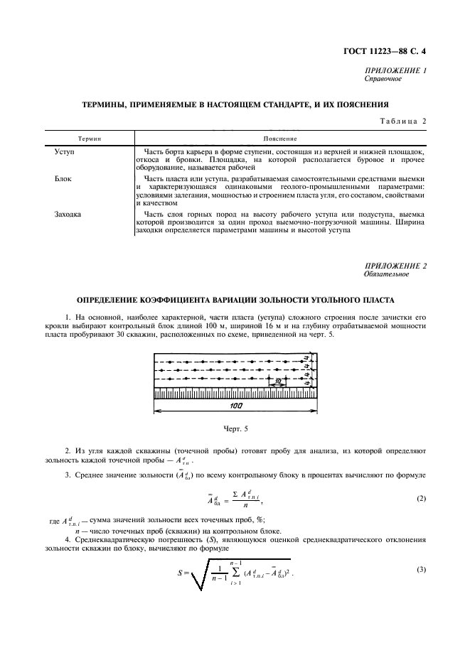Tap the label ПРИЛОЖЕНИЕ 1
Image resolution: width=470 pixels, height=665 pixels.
tap(395, 71)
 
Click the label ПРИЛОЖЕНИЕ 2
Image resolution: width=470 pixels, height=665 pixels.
tap(395, 266)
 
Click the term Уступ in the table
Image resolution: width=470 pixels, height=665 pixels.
tap(65, 152)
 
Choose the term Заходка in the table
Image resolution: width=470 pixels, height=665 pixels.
tap(69, 213)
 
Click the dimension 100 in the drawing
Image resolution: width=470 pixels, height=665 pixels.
tap(237, 406)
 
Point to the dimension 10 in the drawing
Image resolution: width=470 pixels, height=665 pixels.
tap(281, 382)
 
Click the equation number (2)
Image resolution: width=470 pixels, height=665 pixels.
tap(422, 499)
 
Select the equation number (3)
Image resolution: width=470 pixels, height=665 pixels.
tap(422, 571)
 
